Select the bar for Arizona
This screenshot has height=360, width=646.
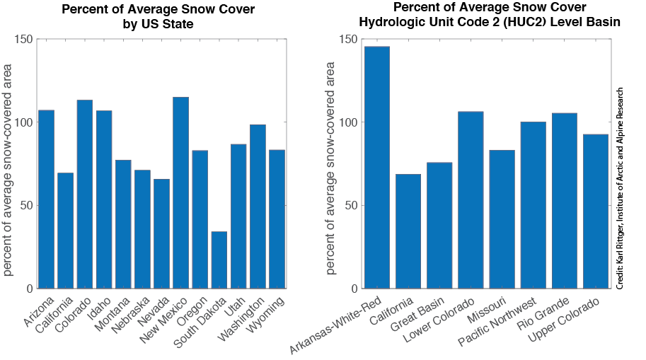(x=47, y=199)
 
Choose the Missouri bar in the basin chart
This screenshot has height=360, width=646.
(x=502, y=219)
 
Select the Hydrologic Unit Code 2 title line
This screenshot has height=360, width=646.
(x=489, y=22)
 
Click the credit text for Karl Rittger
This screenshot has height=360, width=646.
(x=619, y=187)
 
